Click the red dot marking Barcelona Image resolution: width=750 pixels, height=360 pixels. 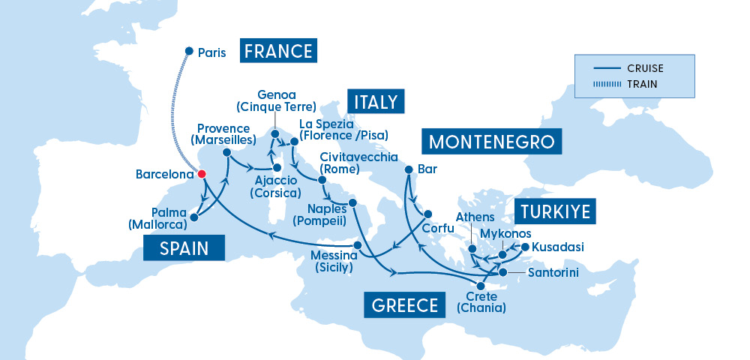[x=201, y=174]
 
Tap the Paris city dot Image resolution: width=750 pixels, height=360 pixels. [x=189, y=52]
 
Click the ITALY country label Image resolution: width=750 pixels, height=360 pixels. [x=376, y=101]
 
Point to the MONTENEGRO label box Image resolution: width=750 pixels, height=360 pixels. [x=491, y=142]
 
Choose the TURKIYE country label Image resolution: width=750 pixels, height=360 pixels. [x=554, y=211]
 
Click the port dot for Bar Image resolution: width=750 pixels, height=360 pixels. [x=408, y=169]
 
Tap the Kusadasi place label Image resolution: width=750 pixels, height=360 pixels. [x=559, y=247]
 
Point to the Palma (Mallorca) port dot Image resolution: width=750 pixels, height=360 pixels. [x=193, y=218]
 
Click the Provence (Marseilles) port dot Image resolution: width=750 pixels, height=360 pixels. [x=226, y=152]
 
